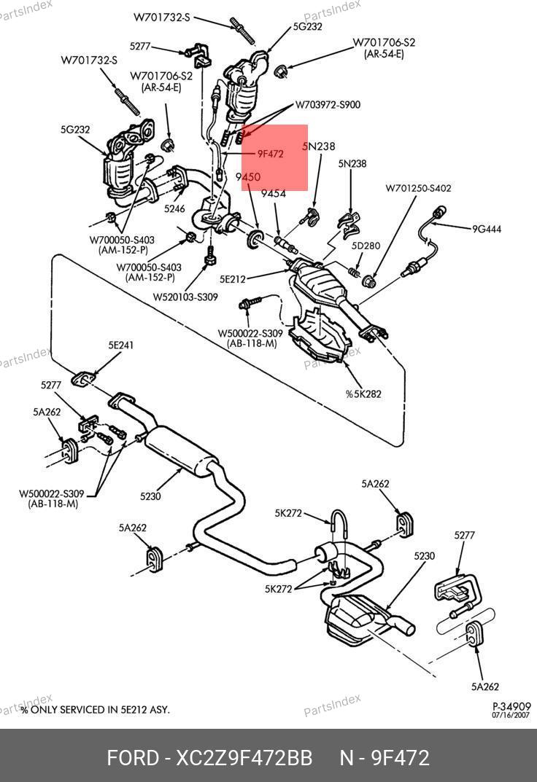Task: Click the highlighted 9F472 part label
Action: pyautogui.click(x=270, y=155)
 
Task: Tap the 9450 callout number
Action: pyautogui.click(x=248, y=177)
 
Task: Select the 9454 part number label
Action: pyautogui.click(x=274, y=194)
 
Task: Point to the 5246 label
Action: pyautogui.click(x=174, y=209)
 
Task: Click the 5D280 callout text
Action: pyautogui.click(x=366, y=246)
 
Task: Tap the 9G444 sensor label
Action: pyautogui.click(x=487, y=229)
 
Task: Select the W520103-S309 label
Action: pyautogui.click(x=185, y=297)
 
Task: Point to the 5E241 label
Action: pyautogui.click(x=121, y=345)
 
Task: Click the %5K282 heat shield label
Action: pyautogui.click(x=363, y=394)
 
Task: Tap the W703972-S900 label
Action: pyautogui.click(x=328, y=105)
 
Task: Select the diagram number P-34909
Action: pyautogui.click(x=511, y=706)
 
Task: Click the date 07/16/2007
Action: pyautogui.click(x=511, y=716)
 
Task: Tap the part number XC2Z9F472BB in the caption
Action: pyautogui.click(x=244, y=758)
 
